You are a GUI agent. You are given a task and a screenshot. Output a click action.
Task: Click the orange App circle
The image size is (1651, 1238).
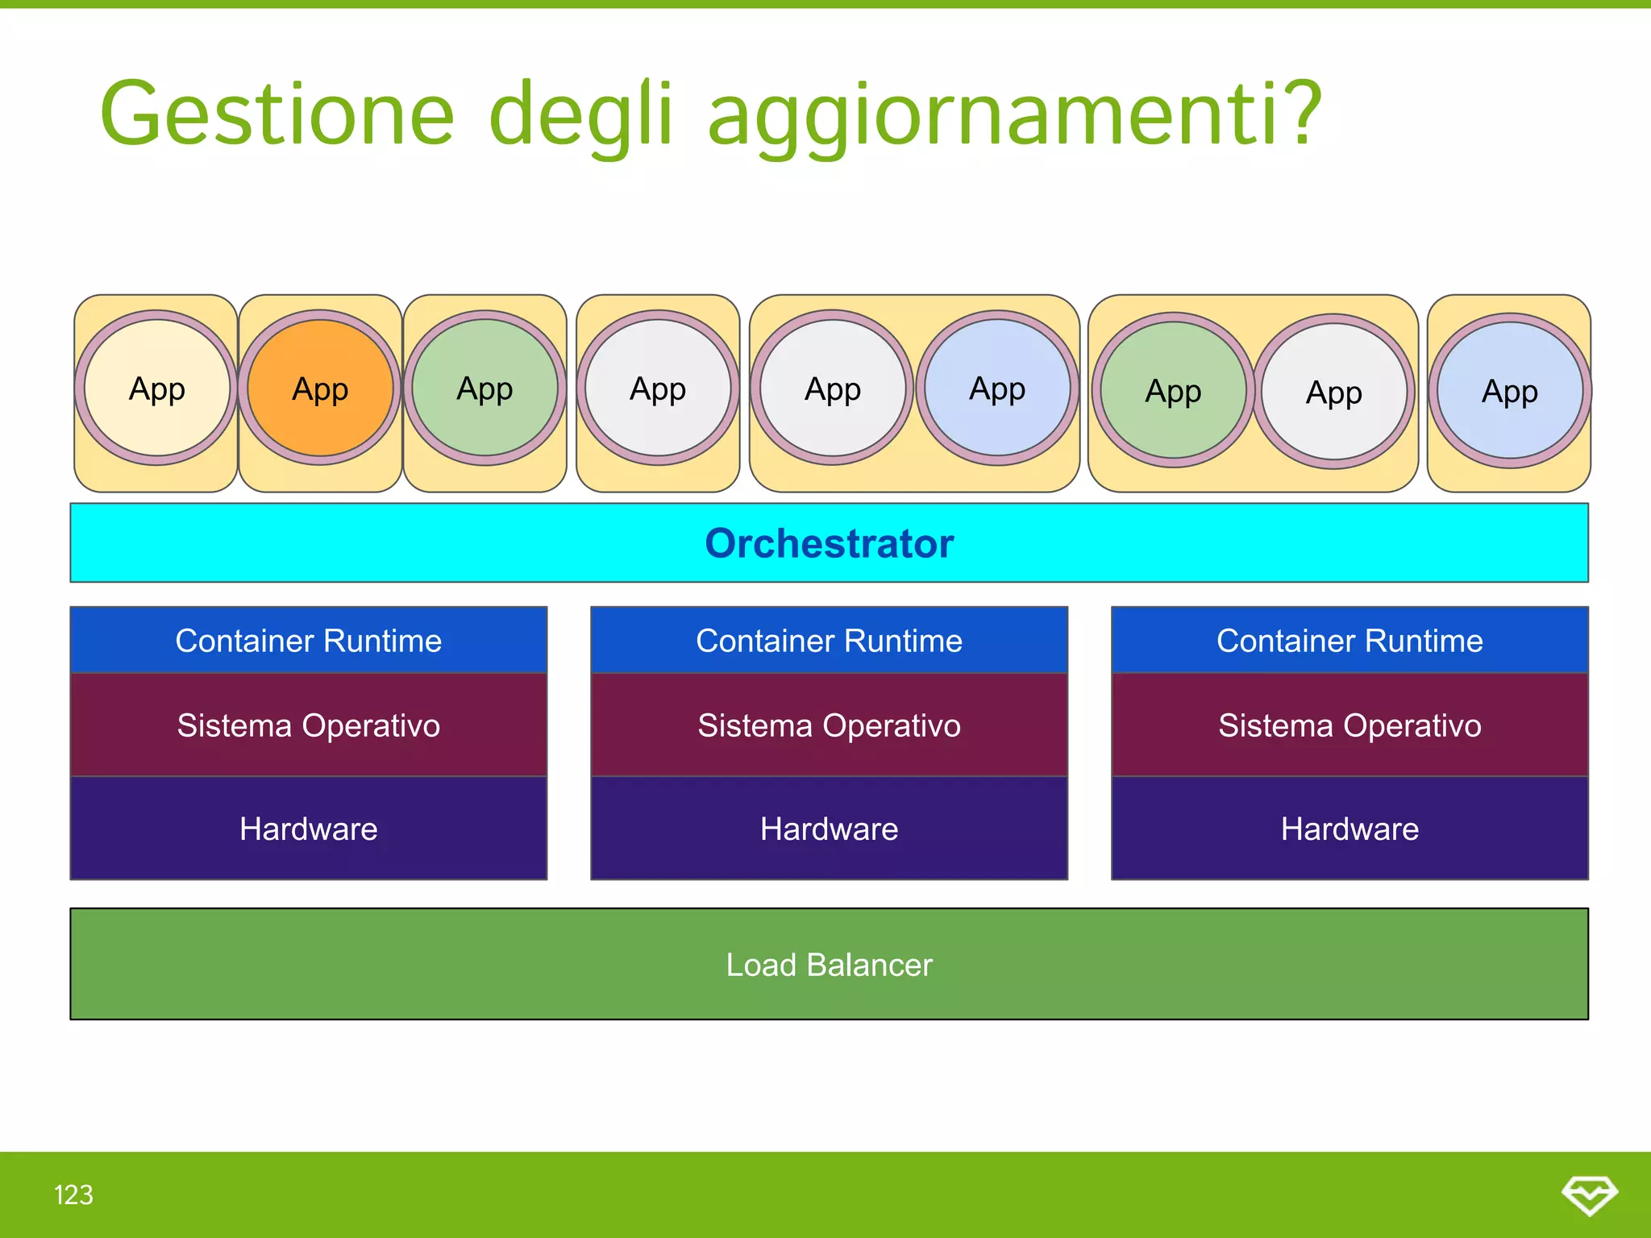(320, 388)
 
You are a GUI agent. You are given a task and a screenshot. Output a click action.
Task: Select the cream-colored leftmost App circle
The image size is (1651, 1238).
(157, 388)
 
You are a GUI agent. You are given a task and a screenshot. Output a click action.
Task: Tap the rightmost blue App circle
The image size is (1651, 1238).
(1510, 392)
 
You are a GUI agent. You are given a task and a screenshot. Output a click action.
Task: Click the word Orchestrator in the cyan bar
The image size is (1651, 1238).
(829, 543)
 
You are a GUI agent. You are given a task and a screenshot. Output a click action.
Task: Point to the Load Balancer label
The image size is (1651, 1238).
(829, 965)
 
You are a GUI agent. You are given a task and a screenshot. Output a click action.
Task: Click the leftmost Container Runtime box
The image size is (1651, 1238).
(309, 641)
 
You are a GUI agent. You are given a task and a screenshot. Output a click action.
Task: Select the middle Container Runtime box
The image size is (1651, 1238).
(829, 641)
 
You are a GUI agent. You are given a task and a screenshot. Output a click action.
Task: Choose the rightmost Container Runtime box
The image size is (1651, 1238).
(1349, 641)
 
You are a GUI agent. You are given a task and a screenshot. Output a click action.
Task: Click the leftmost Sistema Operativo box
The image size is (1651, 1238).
(309, 725)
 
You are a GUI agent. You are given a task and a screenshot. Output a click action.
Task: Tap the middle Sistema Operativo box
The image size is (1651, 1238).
(829, 725)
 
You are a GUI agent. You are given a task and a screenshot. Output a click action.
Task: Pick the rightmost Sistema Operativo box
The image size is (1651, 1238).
(1349, 725)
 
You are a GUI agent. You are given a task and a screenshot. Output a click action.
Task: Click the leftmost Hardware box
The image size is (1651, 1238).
(309, 829)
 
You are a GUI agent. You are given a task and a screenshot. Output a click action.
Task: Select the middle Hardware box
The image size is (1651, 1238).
(829, 829)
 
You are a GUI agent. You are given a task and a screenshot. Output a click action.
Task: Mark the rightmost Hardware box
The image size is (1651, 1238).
(1349, 829)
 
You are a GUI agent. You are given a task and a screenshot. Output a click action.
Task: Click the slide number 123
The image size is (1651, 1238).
(73, 1194)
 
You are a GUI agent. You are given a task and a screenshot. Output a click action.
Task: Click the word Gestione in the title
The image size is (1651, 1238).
(277, 114)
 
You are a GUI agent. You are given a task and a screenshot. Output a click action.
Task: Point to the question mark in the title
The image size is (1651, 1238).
(1300, 113)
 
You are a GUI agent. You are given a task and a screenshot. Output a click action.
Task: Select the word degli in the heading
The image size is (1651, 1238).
(580, 114)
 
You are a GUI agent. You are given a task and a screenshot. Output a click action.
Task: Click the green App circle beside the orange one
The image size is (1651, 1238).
(484, 388)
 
